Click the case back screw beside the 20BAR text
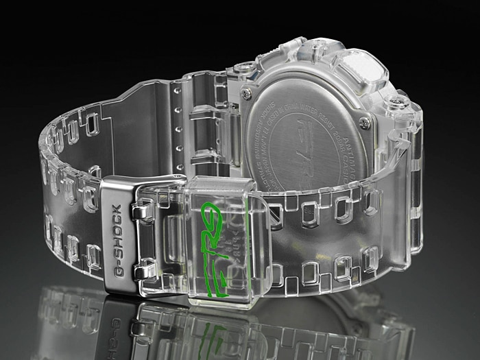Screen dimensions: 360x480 [x=365, y=123]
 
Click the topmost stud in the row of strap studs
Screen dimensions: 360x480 [x=180, y=91]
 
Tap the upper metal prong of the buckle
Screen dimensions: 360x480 [x=142, y=215]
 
